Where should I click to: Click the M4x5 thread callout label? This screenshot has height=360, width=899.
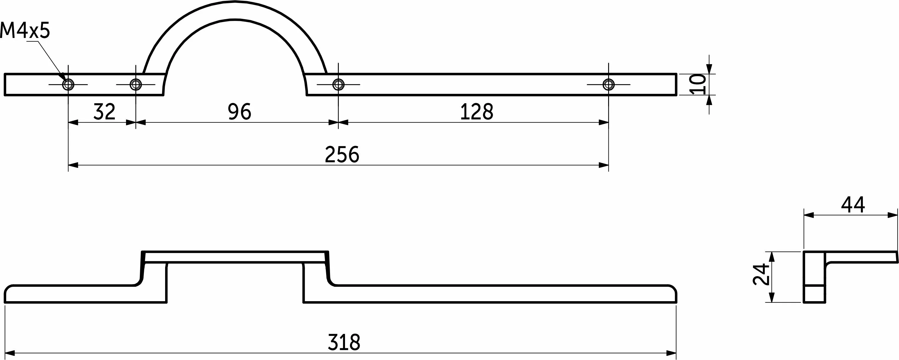(25, 30)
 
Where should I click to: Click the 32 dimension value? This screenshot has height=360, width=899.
(104, 112)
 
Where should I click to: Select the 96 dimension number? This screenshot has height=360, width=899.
(239, 112)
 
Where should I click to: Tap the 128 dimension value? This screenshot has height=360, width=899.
(477, 112)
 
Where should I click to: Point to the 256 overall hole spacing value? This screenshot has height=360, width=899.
(342, 154)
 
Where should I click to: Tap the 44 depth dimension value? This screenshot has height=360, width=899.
(853, 205)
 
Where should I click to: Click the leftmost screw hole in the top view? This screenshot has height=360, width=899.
(68, 84)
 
